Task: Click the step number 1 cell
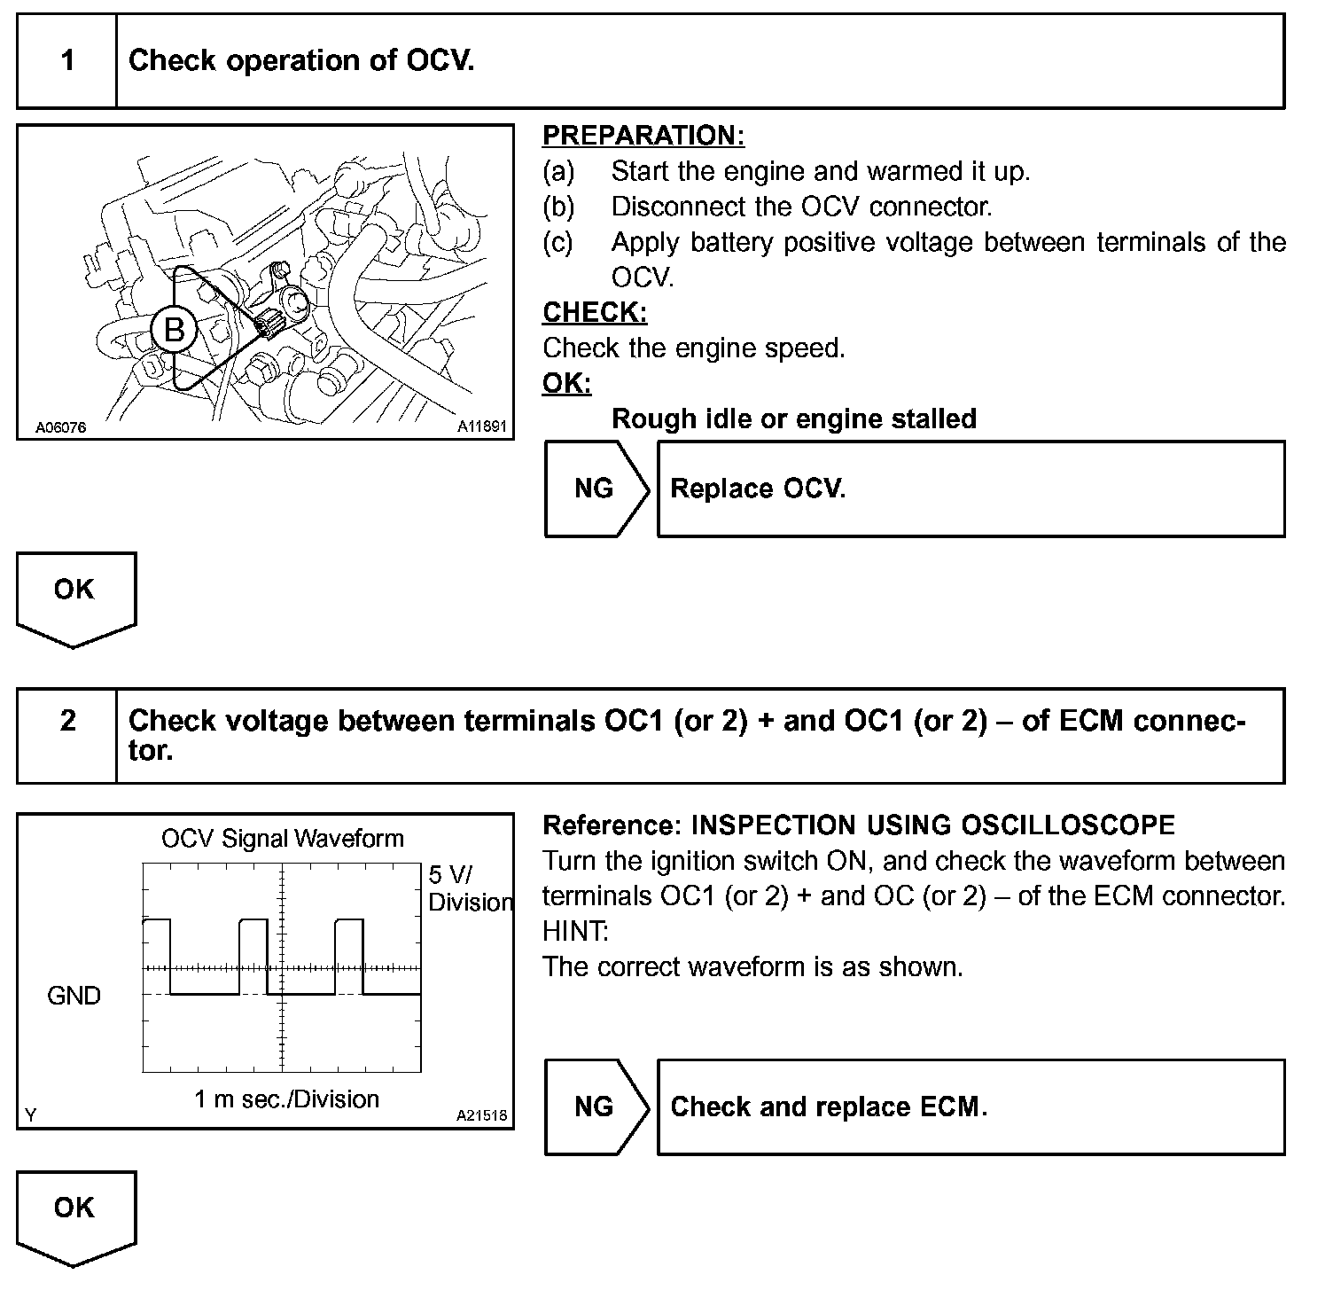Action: [x=67, y=61]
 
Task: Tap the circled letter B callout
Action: [x=174, y=330]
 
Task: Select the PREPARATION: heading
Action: [x=643, y=136]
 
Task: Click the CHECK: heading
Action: [x=595, y=312]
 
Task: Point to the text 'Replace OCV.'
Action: [x=758, y=489]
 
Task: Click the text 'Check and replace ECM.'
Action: [x=829, y=1106]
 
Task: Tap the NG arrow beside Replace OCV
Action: [x=595, y=489]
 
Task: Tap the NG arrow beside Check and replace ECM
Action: [x=595, y=1106]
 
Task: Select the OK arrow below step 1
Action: [x=74, y=594]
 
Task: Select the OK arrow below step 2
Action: [x=74, y=1212]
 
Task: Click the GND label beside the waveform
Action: [x=74, y=996]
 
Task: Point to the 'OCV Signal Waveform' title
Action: [x=282, y=839]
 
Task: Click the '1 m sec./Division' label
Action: [x=286, y=1099]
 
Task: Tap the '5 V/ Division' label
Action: [x=469, y=888]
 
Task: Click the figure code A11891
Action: [x=481, y=426]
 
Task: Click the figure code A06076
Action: [x=60, y=427]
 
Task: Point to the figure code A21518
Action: [x=481, y=1115]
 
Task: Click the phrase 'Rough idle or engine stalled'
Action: [x=794, y=418]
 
